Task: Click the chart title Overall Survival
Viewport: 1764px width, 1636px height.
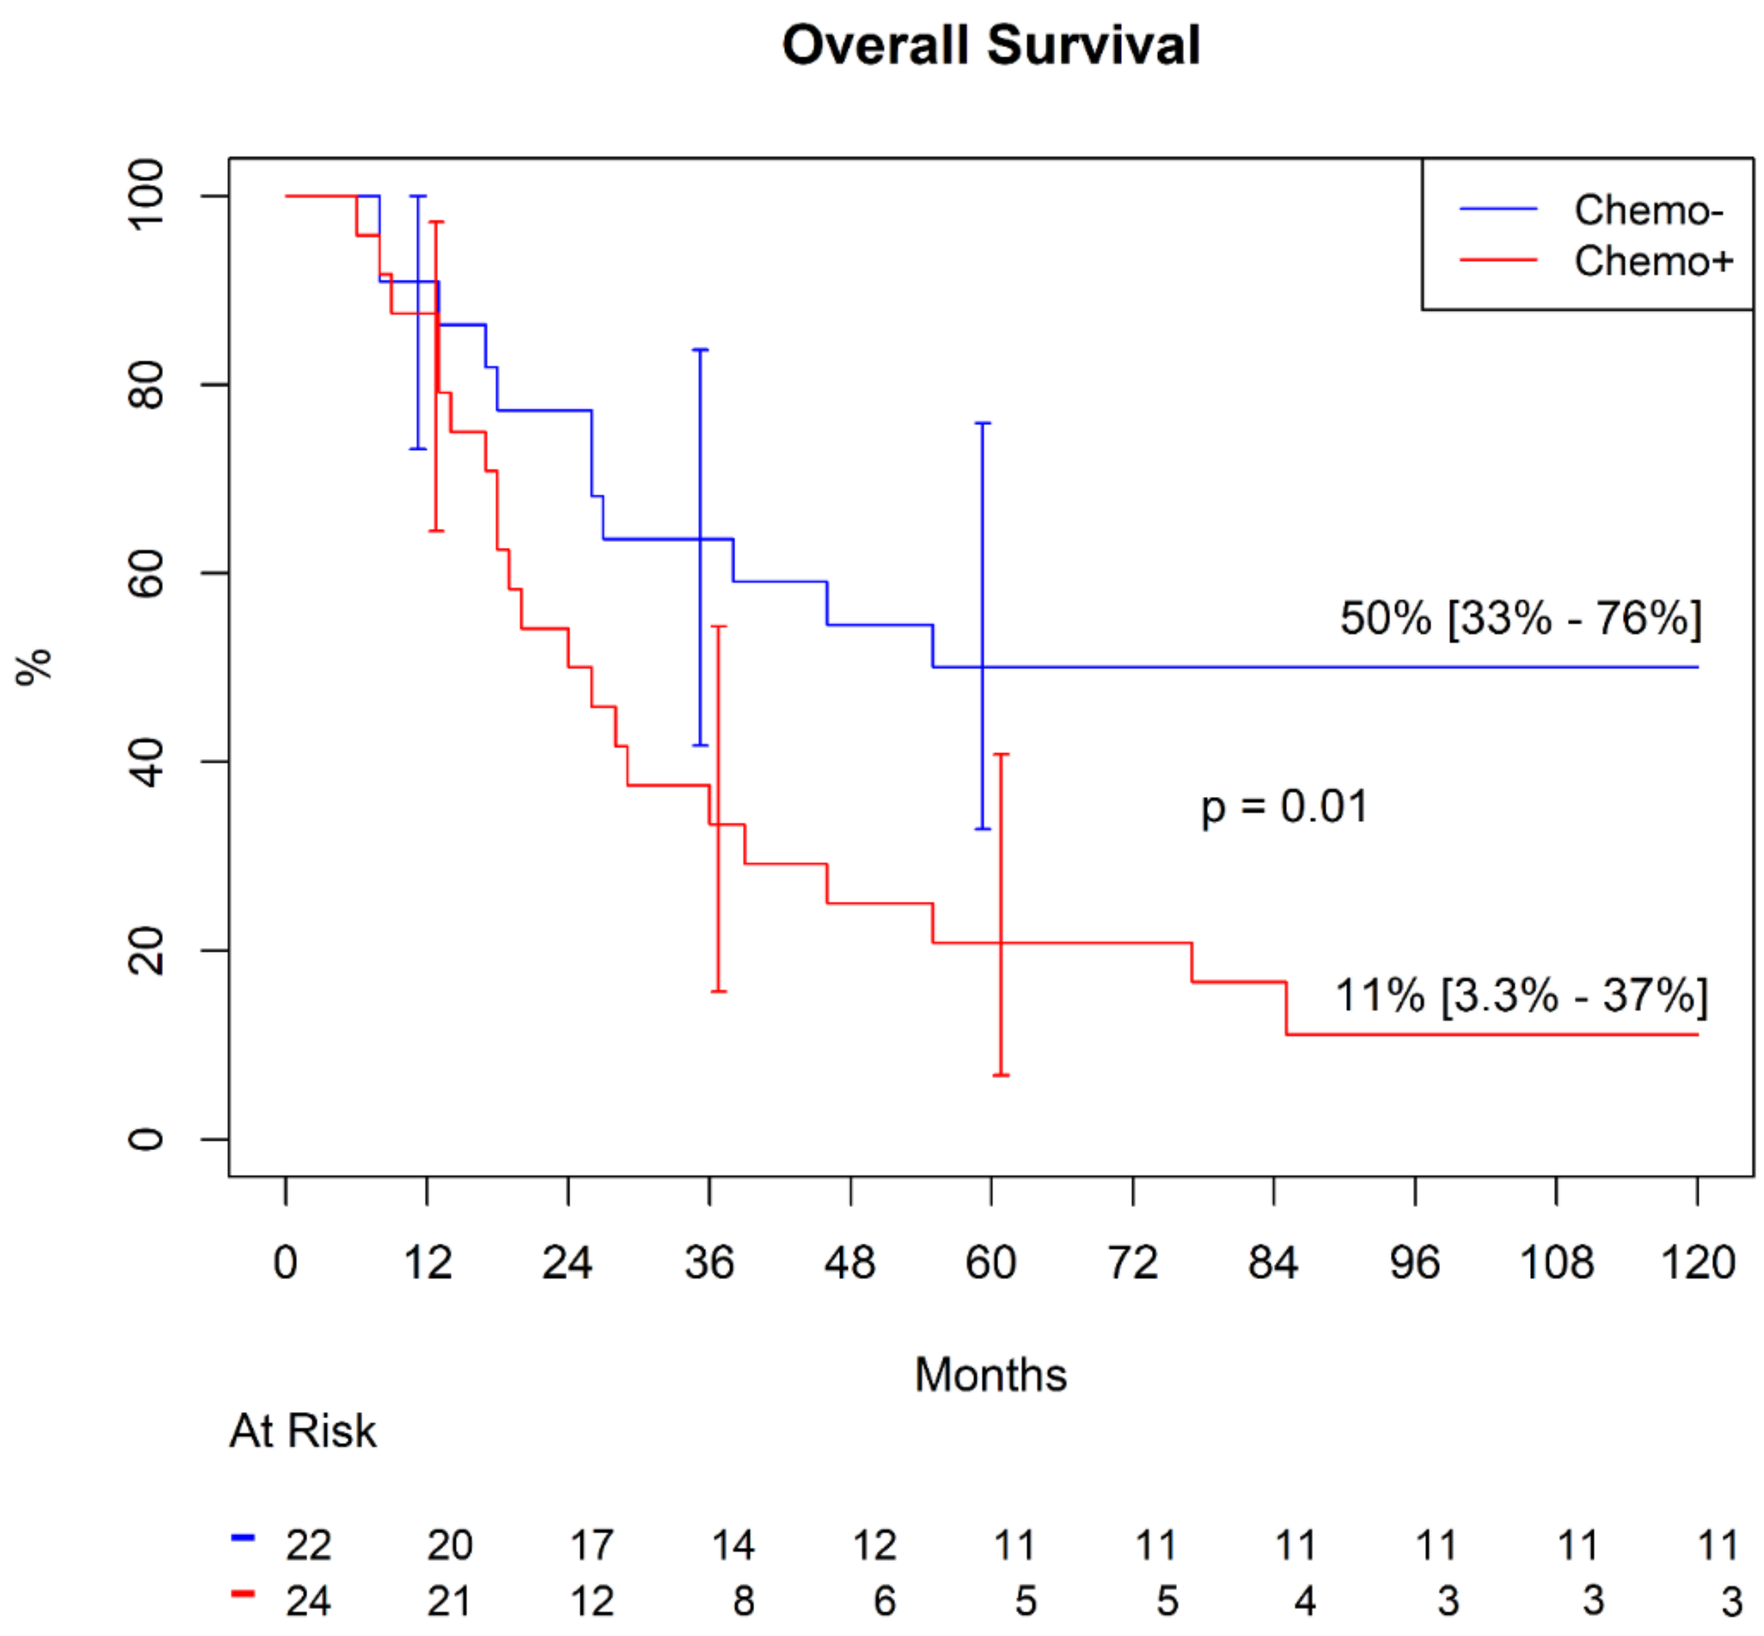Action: [x=990, y=45]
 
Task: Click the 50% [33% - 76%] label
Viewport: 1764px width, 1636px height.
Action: [x=1520, y=618]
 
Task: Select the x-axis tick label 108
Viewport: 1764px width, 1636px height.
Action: [x=1556, y=1262]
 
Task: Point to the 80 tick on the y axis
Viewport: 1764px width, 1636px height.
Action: [x=146, y=384]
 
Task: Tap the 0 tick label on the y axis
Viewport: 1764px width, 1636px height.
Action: [x=146, y=1138]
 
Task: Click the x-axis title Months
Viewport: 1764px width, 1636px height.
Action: [x=990, y=1375]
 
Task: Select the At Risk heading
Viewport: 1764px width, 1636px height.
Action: [x=303, y=1432]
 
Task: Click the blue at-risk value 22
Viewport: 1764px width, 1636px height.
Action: [x=308, y=1546]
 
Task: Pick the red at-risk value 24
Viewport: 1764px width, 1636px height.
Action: [x=308, y=1601]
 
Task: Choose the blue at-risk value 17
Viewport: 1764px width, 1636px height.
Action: [x=591, y=1546]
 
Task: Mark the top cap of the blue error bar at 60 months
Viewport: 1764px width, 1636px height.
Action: [x=982, y=423]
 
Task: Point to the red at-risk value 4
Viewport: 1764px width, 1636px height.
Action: [x=1305, y=1601]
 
